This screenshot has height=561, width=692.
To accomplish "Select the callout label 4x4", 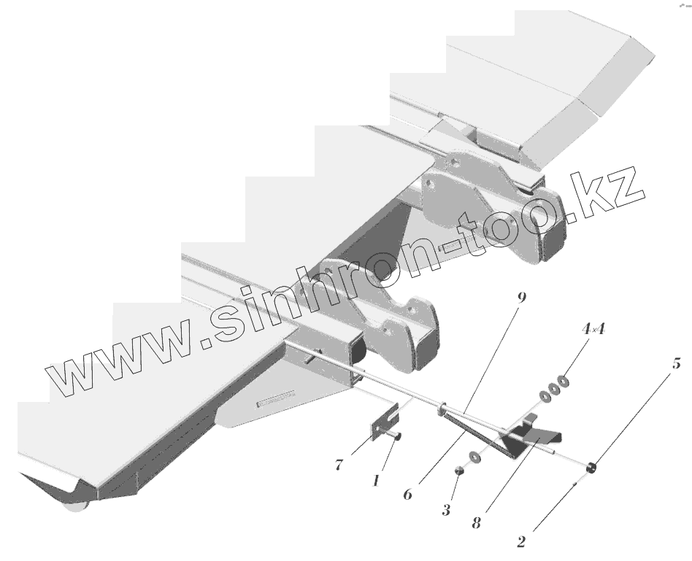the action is [x=594, y=330].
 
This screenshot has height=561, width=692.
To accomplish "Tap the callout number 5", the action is [x=677, y=363].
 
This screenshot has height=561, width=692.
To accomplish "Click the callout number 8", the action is [x=476, y=524].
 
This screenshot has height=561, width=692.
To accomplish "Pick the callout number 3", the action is [x=446, y=510].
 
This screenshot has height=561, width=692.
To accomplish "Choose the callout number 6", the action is [x=407, y=494].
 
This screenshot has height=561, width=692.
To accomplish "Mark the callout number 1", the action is [x=375, y=481].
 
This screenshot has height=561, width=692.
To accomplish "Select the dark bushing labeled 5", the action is [x=593, y=467].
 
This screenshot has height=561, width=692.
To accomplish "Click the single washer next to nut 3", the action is [x=475, y=457].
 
